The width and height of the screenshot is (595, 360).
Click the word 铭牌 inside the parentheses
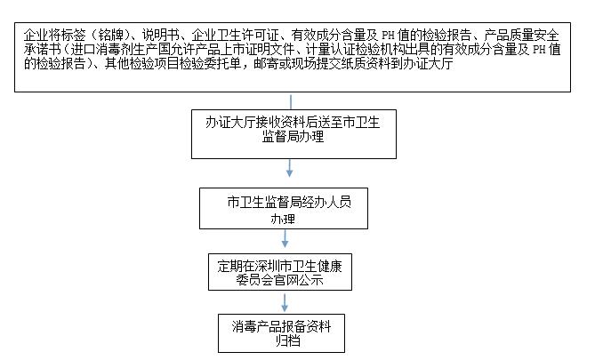tap(111, 35)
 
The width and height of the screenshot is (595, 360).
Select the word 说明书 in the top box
tap(160, 35)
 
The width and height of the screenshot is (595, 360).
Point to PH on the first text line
tap(388, 36)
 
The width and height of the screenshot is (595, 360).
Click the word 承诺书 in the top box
tap(42, 49)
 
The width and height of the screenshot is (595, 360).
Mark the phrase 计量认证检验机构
tap(355, 49)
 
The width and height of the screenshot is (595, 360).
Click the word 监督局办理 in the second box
tap(293, 137)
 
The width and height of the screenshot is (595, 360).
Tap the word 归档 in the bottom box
tap(287, 340)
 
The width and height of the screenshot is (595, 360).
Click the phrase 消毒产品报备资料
tap(282, 326)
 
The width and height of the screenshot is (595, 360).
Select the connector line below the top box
tap(291, 102)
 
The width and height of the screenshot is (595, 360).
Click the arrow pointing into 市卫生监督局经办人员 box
tap(290, 168)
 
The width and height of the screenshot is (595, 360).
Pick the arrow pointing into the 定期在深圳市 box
tap(285, 238)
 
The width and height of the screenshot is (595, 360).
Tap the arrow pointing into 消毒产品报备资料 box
tap(285, 303)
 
